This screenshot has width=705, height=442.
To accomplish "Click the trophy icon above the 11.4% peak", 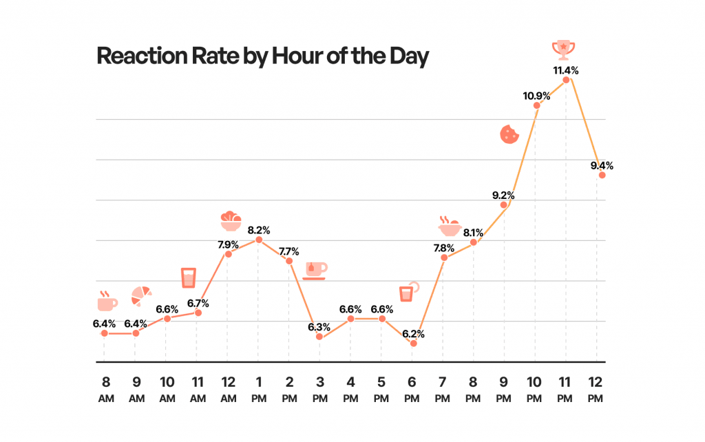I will [x=564, y=49].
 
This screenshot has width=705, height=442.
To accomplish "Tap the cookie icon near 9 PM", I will [x=509, y=134].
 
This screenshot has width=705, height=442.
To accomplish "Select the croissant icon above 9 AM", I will [x=141, y=295].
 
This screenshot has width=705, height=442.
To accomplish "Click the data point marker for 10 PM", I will [x=536, y=105].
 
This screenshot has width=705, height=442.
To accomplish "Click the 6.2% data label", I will [x=412, y=333].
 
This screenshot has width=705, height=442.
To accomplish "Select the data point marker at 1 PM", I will [x=259, y=240].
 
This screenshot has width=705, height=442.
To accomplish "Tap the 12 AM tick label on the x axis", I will [x=228, y=390].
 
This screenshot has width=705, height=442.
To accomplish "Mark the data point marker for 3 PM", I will [x=319, y=336].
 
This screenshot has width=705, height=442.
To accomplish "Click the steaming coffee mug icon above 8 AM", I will [x=107, y=301].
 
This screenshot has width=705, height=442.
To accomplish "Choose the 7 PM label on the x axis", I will [x=443, y=390].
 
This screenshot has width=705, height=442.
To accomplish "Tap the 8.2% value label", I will [x=259, y=229].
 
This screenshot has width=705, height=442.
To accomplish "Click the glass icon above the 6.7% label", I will [x=188, y=277].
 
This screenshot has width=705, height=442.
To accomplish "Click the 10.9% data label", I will [x=536, y=95].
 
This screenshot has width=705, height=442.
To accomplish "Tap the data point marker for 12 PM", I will [x=602, y=175].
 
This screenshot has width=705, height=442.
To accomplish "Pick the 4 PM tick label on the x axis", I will [x=350, y=390].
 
